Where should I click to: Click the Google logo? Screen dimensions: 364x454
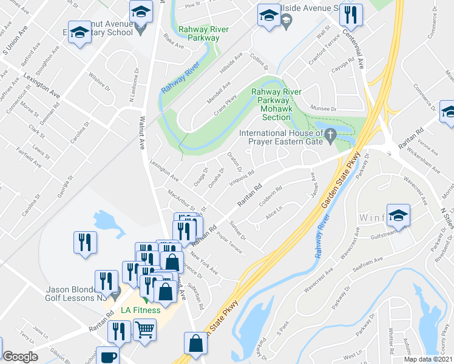[20, 357]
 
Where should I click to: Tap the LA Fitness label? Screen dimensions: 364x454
[140, 310]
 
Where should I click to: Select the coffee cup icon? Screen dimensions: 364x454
[108, 357]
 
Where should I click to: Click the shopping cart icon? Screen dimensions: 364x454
[144, 330]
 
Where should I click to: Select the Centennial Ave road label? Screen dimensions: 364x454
[360, 55]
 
